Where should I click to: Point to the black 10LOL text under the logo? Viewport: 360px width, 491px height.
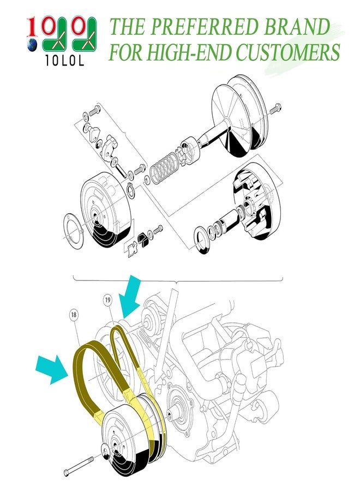64,63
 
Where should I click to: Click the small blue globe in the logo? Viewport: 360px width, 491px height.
33,44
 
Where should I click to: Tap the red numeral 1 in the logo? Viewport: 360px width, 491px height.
33,27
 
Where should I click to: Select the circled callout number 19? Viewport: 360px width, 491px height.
107,300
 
